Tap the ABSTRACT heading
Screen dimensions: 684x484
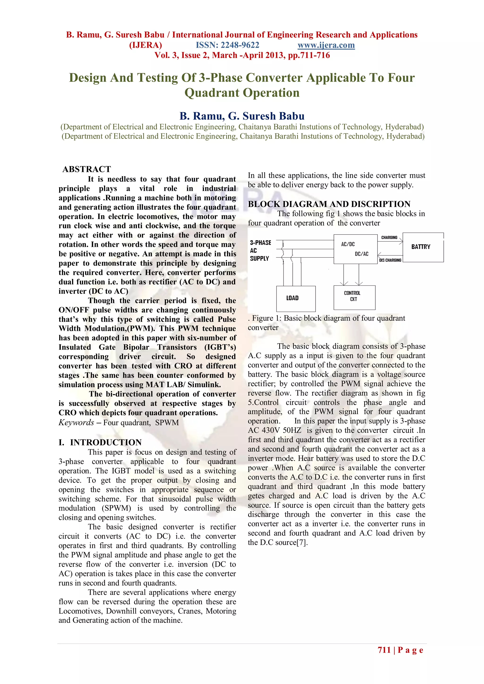(x=86, y=169)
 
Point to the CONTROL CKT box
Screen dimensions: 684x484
(x=354, y=297)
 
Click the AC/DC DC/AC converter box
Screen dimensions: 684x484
(x=355, y=249)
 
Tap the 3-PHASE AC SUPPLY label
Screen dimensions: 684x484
(x=260, y=251)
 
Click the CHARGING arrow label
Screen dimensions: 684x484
(x=389, y=237)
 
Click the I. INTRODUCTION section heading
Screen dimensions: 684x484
(x=100, y=442)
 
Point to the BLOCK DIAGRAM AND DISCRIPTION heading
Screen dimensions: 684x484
(x=329, y=204)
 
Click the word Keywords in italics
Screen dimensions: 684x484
(x=76, y=423)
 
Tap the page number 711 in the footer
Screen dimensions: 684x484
(x=384, y=650)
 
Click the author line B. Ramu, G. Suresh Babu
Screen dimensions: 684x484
(x=242, y=116)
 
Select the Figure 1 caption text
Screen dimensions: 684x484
(x=328, y=318)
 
